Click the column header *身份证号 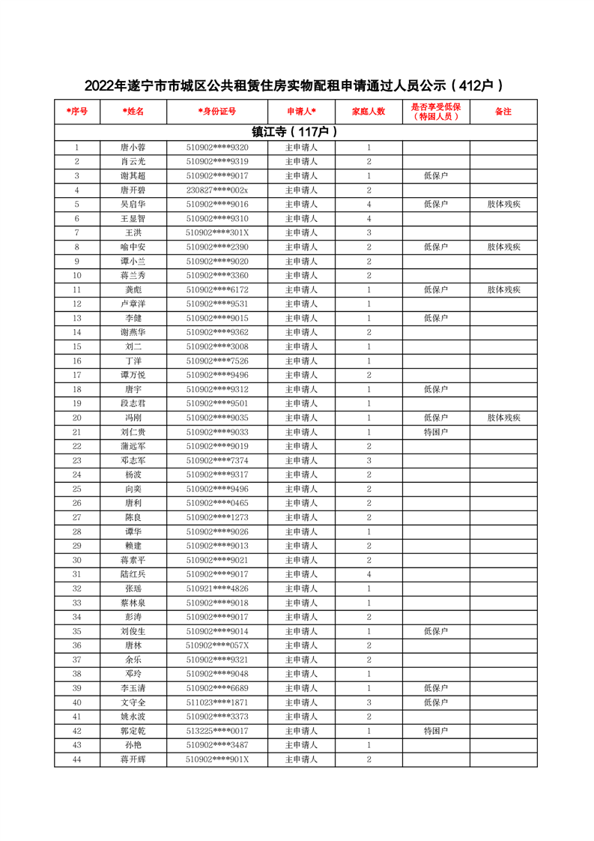tap(217, 111)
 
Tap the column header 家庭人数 tap(369, 111)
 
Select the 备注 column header tap(503, 111)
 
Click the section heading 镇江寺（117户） tap(296, 132)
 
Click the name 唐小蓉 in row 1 tap(133, 148)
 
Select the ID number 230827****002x tap(217, 190)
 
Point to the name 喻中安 tap(133, 247)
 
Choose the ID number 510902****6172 tap(217, 290)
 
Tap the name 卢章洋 tap(133, 304)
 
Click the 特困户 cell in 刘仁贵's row tap(436, 432)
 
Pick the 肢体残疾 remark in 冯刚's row tap(503, 418)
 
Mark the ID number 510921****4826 tap(217, 588)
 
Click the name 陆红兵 tap(133, 574)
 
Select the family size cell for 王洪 tap(369, 233)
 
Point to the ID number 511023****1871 tap(217, 702)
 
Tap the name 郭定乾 tap(133, 731)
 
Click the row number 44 tap(76, 759)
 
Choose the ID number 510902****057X tap(217, 645)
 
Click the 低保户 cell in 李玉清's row tap(436, 688)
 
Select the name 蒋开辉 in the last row tap(133, 759)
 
